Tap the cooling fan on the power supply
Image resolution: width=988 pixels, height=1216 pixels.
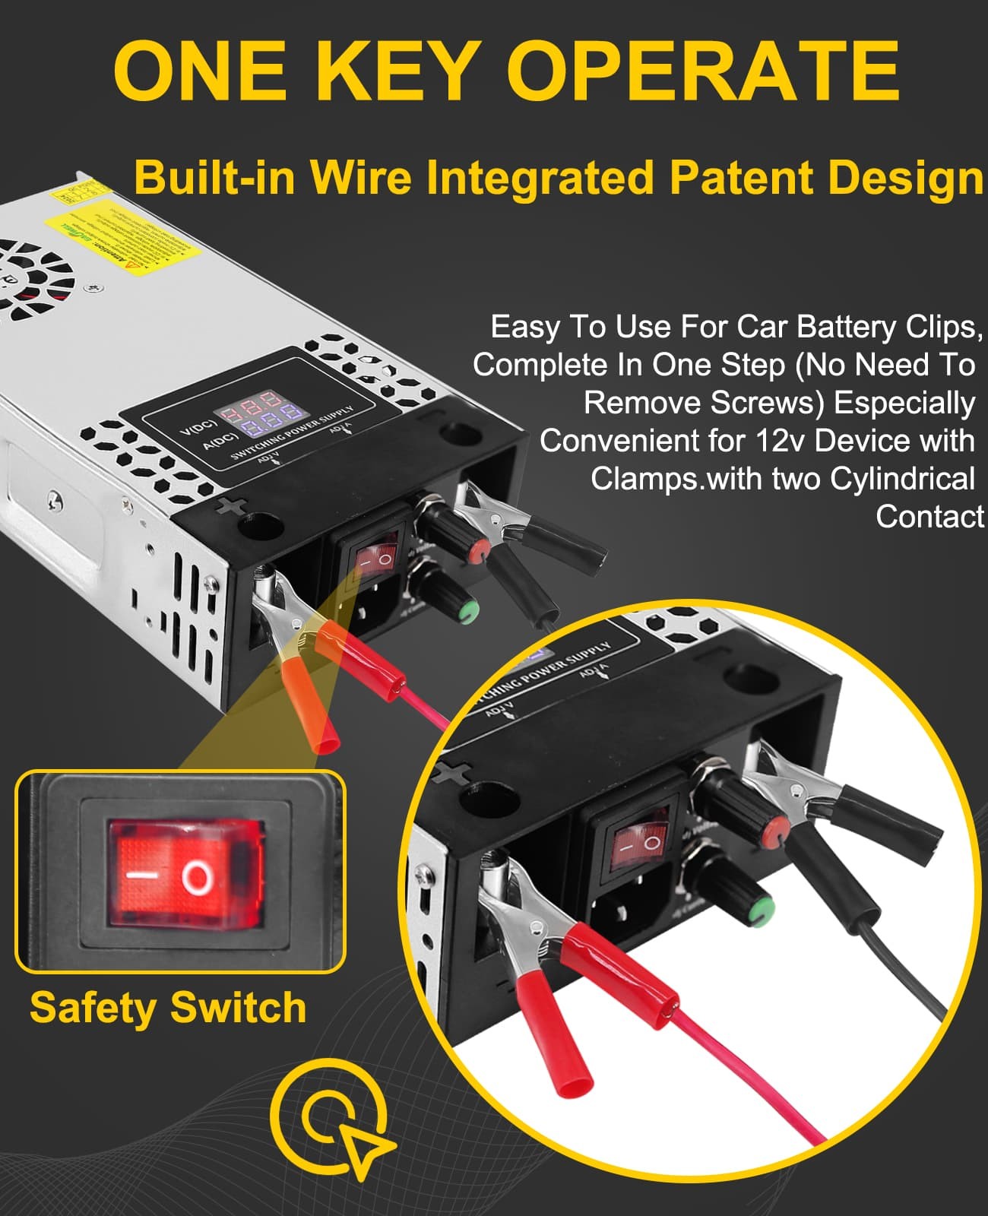click(30, 277)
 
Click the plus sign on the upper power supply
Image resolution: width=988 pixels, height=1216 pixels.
click(226, 507)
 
